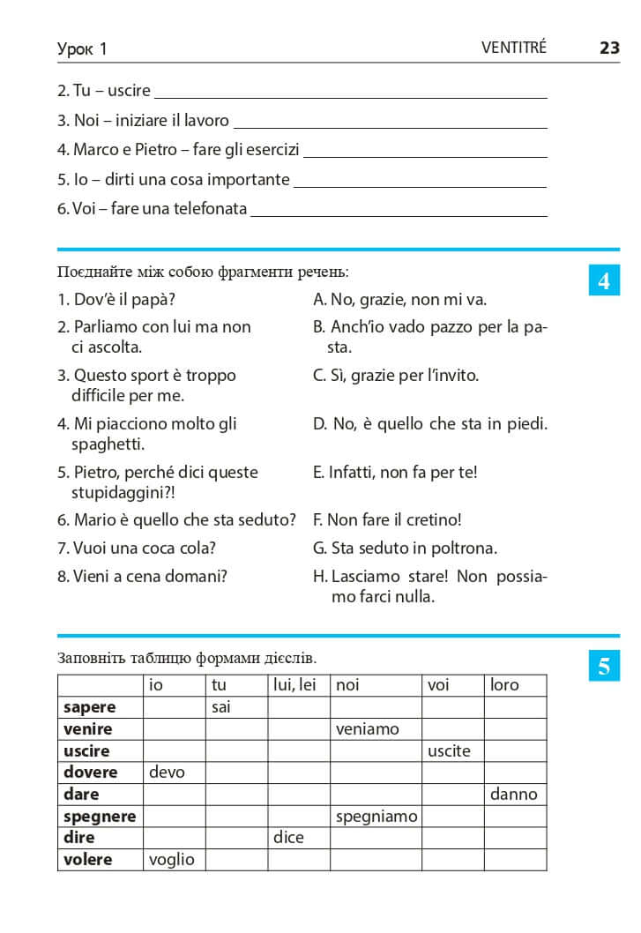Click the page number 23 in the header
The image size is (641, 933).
pos(609,49)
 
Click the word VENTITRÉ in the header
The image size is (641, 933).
pos(514,49)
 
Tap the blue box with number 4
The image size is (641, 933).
pos(604,281)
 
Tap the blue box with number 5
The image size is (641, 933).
pos(604,666)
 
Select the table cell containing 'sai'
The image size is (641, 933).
pos(237,707)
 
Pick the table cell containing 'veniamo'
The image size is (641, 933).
pos(376,729)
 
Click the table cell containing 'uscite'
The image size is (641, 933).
pos(452,751)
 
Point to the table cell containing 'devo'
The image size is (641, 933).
pos(175,773)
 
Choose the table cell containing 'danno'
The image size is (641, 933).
pos(515,795)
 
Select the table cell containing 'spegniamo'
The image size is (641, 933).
pos(376,817)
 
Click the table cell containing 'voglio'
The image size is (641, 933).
pos(175,859)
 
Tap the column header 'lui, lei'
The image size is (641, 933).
pos(299,685)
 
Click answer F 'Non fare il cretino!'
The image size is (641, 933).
pos(387,520)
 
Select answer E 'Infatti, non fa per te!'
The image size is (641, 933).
pos(395,473)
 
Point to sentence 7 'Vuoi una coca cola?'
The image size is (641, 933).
pos(137,549)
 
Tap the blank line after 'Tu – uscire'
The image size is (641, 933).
pos(350,92)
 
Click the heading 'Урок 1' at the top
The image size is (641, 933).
pos(82,49)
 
